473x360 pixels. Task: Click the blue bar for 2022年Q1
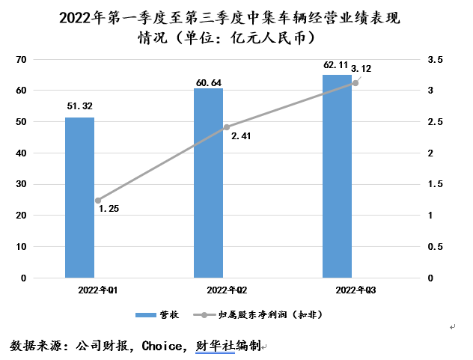coord(79,197)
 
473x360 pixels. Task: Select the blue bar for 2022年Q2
coord(208,183)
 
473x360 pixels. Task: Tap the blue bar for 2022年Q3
coord(337,176)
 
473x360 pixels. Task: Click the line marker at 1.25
coord(97,201)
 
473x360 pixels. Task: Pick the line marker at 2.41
coord(226,127)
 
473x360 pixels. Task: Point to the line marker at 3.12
coord(355,83)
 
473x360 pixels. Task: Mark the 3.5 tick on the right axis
coord(435,59)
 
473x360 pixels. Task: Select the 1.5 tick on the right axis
coord(435,184)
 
